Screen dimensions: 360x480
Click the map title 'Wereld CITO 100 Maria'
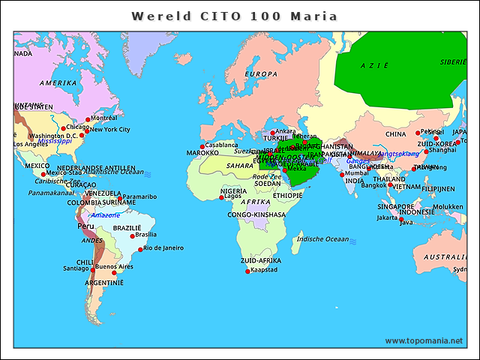234,16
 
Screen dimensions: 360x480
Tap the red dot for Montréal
88,119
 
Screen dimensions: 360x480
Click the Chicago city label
78,127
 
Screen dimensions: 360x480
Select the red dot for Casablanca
202,146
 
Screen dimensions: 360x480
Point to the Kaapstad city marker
247,270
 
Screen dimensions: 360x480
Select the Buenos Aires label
114,266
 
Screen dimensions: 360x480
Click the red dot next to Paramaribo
120,198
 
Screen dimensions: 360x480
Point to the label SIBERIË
453,62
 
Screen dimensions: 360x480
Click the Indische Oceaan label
323,239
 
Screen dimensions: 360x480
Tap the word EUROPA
262,73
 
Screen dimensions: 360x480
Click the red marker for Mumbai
342,175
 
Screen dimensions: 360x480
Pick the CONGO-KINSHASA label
257,214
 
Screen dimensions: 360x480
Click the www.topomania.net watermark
424,340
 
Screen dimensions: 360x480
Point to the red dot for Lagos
221,197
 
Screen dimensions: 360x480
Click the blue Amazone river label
104,215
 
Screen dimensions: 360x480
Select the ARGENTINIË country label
104,283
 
